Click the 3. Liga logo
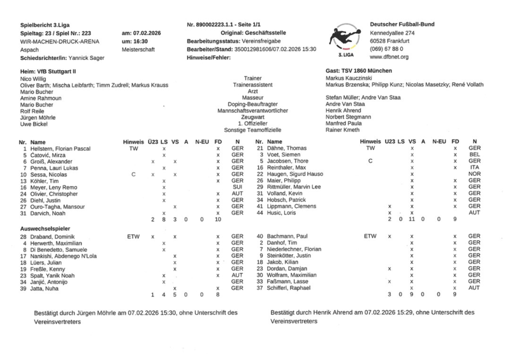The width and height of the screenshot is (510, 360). click(345, 38)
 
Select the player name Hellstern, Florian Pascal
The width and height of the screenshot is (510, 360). click(61, 148)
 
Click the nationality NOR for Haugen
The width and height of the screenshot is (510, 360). click(473, 174)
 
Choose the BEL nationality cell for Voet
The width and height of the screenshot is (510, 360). click(473, 155)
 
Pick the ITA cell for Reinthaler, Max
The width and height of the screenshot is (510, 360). click(473, 168)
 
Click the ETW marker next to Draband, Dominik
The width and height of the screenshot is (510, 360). click(133, 236)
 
